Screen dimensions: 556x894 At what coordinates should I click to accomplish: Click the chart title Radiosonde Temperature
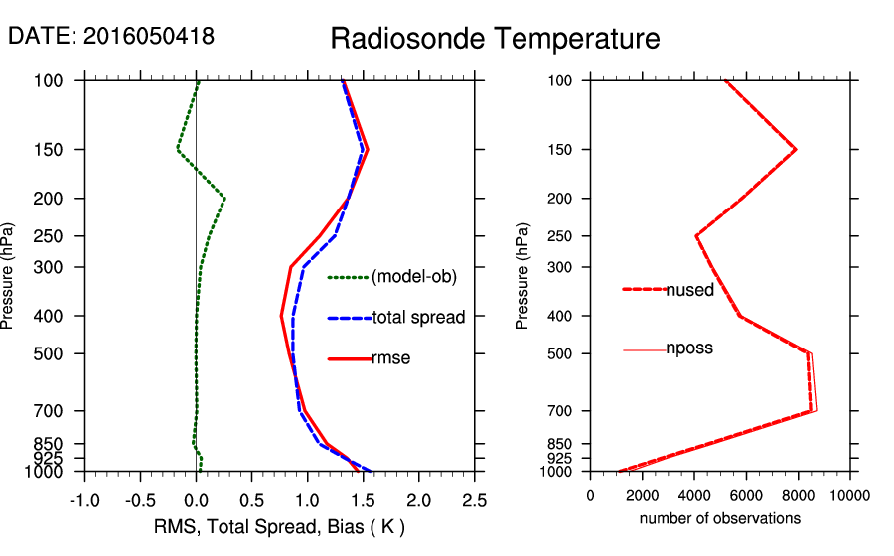tap(495, 39)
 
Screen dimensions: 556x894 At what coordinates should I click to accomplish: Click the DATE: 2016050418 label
tap(111, 36)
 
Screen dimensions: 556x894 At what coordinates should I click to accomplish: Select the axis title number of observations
tap(720, 518)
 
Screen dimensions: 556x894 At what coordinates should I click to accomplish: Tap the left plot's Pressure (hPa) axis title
tap(10, 275)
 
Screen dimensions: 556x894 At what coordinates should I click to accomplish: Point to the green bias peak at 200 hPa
tap(225, 199)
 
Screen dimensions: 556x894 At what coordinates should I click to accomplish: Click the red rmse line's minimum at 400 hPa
tap(282, 316)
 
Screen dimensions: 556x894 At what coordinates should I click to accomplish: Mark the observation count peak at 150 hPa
tap(796, 150)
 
